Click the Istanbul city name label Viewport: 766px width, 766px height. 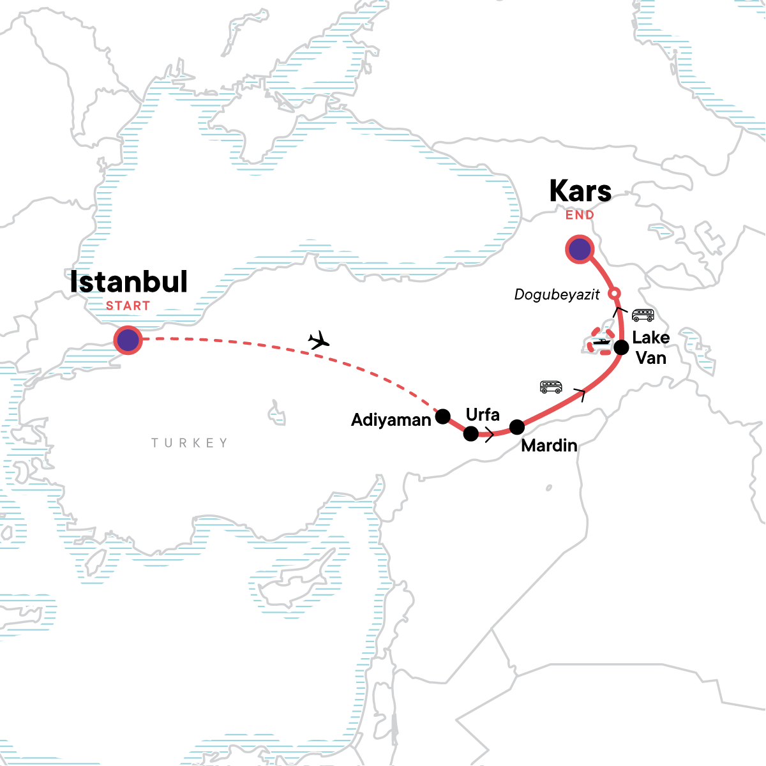[128, 282]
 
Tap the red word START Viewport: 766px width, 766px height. [128, 306]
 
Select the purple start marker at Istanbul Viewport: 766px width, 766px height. [128, 341]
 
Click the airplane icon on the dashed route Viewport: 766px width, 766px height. [318, 341]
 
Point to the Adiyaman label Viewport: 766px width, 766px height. [391, 420]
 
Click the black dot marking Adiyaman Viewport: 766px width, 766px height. [442, 417]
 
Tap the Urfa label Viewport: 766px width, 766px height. [483, 414]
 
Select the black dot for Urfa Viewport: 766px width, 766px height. [470, 434]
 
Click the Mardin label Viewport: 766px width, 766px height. [549, 446]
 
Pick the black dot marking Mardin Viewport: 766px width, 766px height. [517, 426]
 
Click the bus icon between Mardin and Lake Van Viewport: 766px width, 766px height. [551, 386]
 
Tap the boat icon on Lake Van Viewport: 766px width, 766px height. [602, 342]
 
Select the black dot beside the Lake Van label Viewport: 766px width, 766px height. [620, 348]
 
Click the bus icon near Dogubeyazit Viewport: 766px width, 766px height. [642, 315]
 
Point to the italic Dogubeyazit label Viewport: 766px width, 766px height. [557, 294]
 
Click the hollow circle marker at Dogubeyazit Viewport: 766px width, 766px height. [613, 294]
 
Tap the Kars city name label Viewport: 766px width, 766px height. [580, 191]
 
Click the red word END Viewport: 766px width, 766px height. [580, 215]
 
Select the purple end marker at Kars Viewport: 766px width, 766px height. [580, 250]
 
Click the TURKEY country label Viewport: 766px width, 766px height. [189, 443]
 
